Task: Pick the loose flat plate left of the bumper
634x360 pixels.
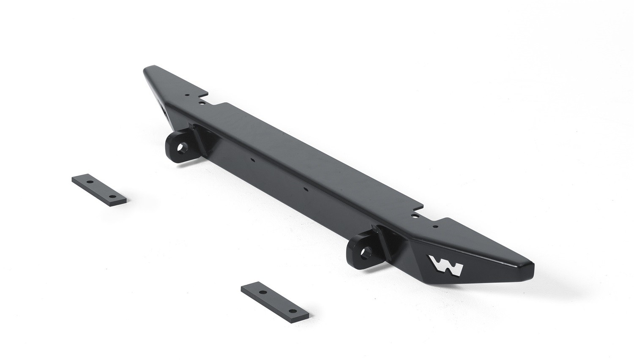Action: (x=100, y=190)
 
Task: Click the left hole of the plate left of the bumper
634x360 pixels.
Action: (x=90, y=182)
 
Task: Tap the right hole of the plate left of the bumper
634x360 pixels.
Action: (x=112, y=196)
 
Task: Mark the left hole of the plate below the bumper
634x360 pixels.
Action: (x=262, y=292)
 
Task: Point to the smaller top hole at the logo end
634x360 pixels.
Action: (x=435, y=226)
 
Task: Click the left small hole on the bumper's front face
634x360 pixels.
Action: (x=252, y=160)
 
